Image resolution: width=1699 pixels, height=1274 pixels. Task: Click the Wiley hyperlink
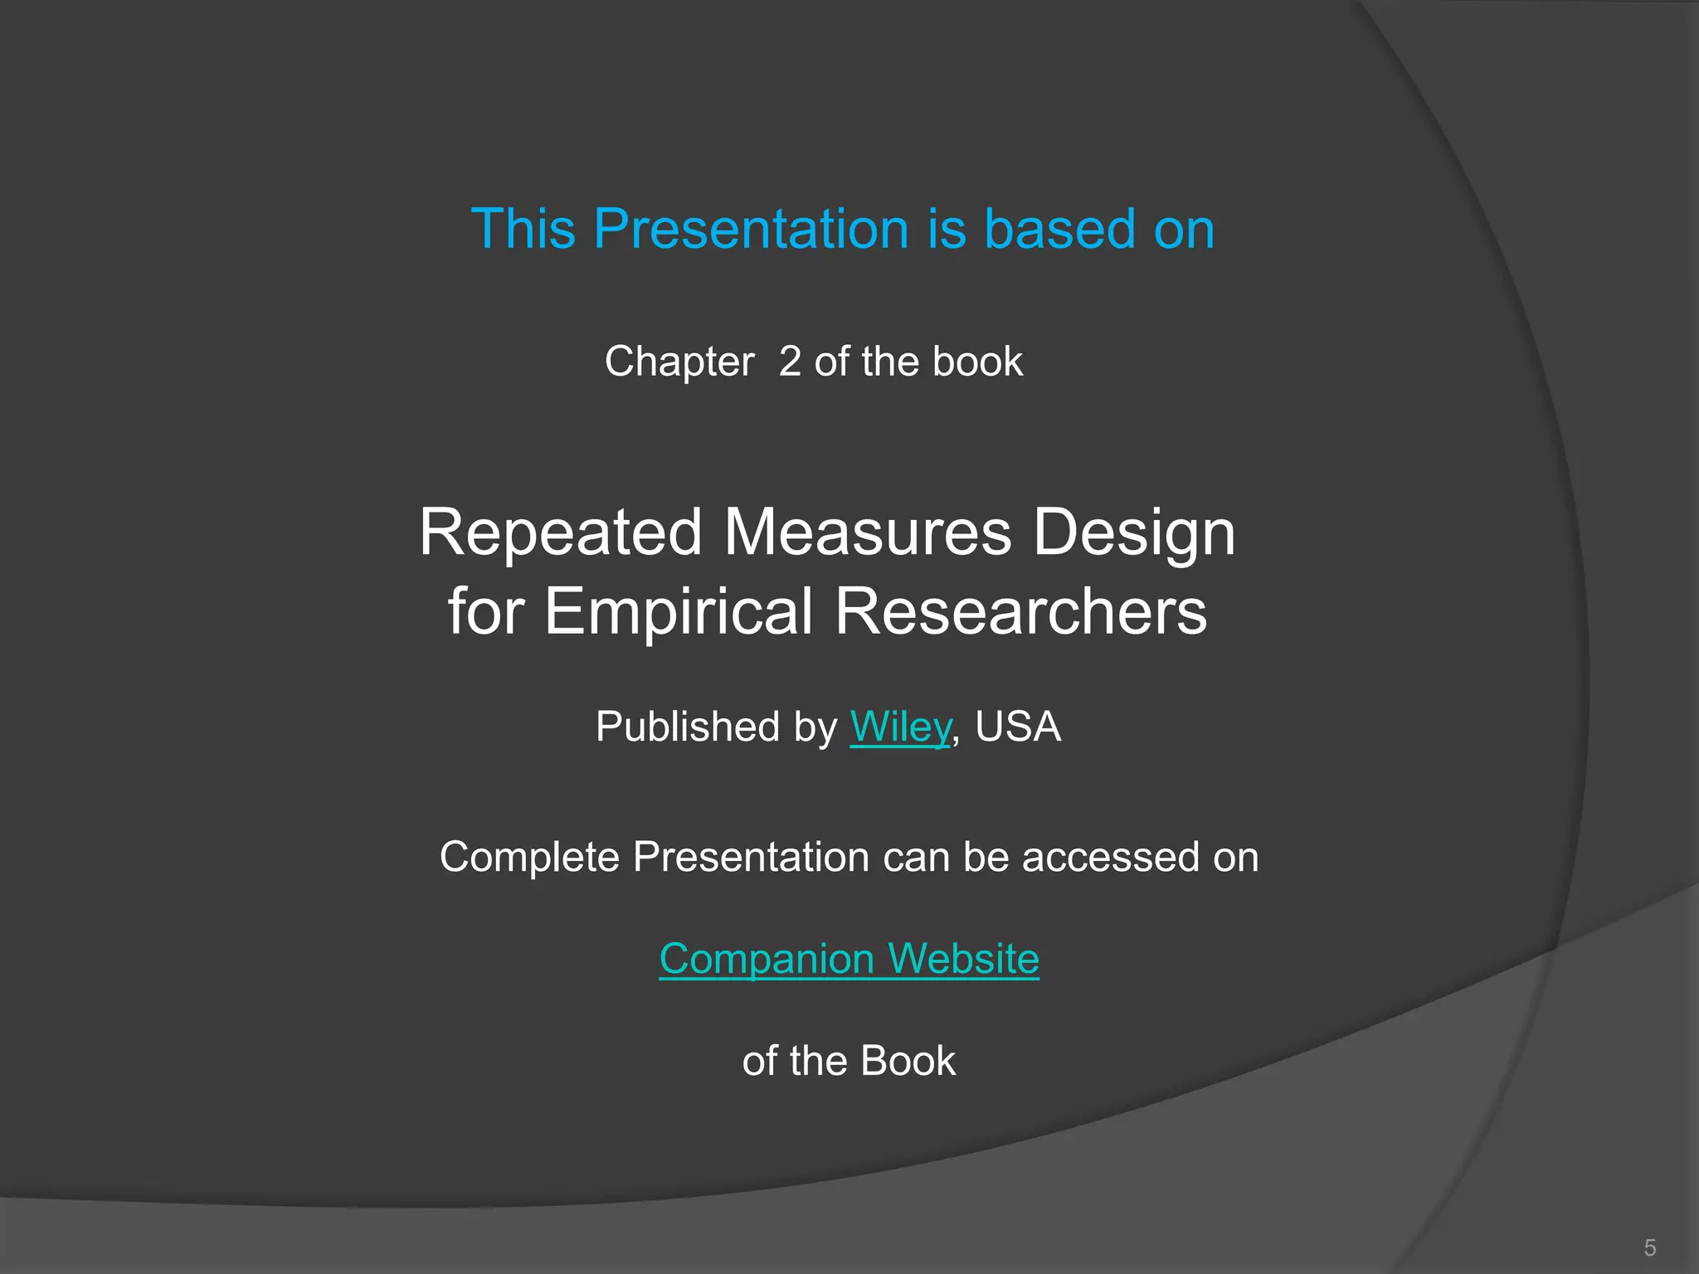point(900,727)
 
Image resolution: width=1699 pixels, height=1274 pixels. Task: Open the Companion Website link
point(849,959)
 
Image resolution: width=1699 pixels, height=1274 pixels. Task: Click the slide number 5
point(1649,1247)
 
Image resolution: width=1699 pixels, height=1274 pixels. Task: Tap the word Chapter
point(679,362)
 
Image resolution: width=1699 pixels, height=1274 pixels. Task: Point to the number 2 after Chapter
point(790,362)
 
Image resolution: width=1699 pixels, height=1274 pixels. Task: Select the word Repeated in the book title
point(561,532)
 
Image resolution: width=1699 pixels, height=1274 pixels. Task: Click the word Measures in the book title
point(868,532)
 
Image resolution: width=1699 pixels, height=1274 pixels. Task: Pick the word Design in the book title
point(1134,534)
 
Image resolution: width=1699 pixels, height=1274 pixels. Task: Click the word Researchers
point(1020,612)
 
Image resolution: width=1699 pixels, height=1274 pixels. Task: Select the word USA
point(1018,727)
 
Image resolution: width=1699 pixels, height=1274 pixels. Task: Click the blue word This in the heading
point(523,229)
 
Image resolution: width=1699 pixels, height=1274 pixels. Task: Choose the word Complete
point(529,858)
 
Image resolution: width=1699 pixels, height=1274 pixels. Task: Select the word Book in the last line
point(908,1061)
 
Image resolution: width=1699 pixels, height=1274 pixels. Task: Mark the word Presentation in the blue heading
point(752,229)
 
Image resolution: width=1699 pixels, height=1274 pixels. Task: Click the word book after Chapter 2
point(977,362)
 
